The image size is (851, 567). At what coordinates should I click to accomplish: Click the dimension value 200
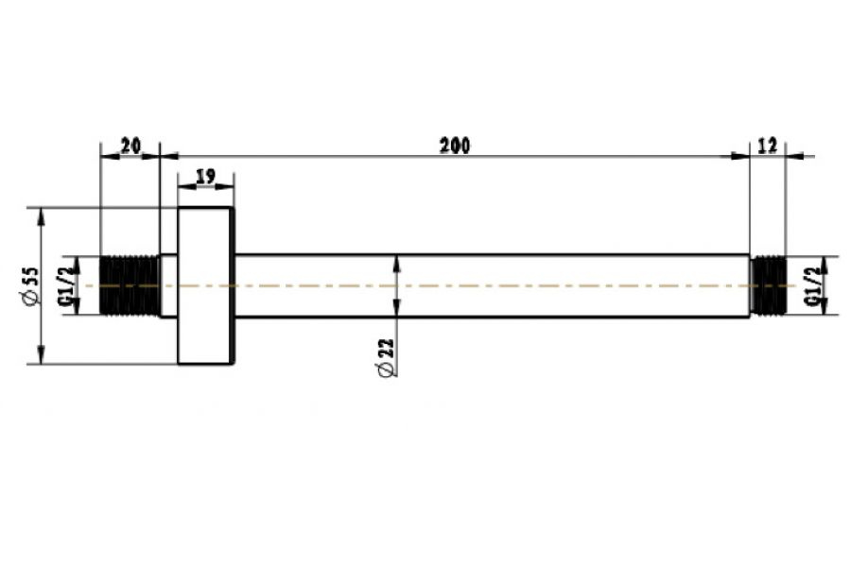coord(455,146)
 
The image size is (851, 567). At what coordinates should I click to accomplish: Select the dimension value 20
coord(130,146)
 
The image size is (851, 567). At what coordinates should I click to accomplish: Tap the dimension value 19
coord(205,177)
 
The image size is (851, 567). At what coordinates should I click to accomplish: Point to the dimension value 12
coord(767,146)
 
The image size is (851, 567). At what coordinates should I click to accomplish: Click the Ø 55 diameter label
coord(31,286)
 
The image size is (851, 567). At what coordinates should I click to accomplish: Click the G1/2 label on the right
coord(812,286)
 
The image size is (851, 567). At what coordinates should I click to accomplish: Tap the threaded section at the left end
coord(130,285)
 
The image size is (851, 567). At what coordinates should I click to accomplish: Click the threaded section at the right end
coord(768,285)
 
